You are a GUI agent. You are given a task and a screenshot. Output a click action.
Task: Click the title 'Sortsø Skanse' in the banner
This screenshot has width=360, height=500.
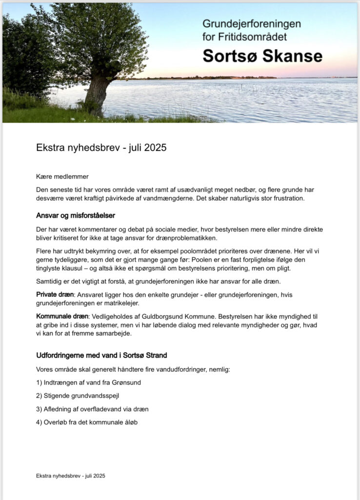coord(262,56)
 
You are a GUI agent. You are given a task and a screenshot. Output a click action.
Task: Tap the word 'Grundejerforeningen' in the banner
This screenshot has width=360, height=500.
coord(252,23)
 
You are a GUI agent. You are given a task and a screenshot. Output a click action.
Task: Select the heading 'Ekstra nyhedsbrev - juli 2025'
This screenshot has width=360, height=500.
coord(101,147)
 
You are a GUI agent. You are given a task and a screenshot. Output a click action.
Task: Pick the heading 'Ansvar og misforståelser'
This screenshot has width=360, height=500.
coord(76,215)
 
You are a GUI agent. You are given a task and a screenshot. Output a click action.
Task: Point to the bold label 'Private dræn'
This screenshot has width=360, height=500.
coord(55,294)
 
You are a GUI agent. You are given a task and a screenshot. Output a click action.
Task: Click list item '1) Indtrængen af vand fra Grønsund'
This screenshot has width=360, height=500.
coord(88,383)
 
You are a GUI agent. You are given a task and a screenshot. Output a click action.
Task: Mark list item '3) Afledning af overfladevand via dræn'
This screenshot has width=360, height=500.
coord(92,409)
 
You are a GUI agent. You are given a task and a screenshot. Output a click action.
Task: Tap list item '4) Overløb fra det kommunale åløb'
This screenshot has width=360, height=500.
coord(87,422)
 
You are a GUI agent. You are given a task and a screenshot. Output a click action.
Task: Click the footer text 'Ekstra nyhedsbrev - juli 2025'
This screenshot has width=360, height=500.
coord(71,475)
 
